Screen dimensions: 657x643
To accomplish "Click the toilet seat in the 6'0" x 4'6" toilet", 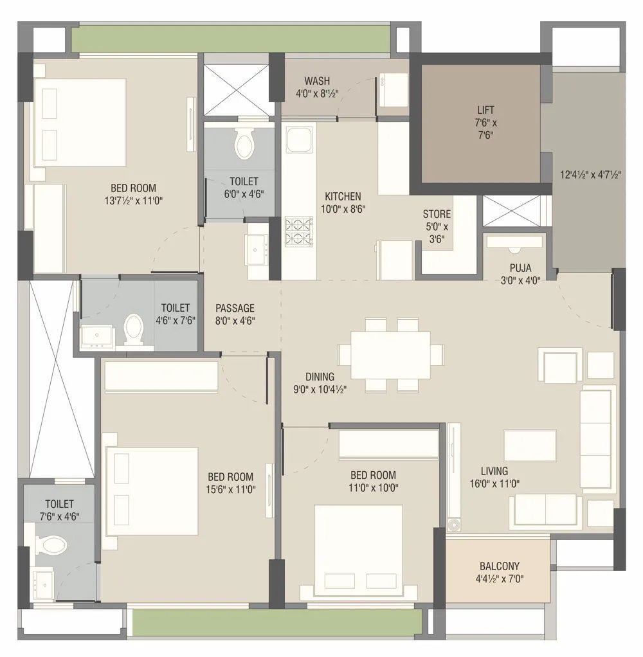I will tap(244, 145).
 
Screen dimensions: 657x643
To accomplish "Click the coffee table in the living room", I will tap(530, 446).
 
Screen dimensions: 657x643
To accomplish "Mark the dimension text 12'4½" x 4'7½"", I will tap(589, 174).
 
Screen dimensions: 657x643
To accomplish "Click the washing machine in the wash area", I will tap(393, 89).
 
